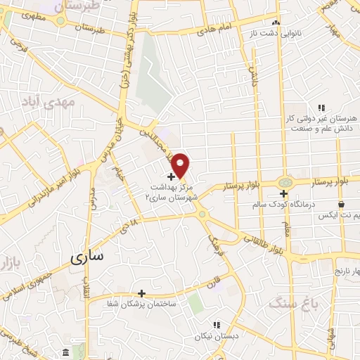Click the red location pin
tap(181, 165)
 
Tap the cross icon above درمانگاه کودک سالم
tap(284, 193)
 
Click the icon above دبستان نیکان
tap(217, 325)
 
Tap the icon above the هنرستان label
tap(321, 108)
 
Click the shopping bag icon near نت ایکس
tap(341, 204)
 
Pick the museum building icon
tap(65, 352)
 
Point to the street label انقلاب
tap(88, 285)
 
